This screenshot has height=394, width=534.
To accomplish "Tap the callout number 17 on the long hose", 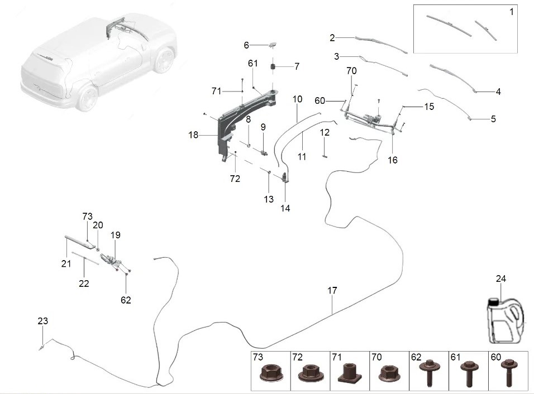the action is (332, 290).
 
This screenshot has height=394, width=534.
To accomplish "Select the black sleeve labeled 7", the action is (273, 66).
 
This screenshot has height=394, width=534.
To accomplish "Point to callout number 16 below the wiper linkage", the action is (392, 160).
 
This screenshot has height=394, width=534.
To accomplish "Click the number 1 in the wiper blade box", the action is (511, 12).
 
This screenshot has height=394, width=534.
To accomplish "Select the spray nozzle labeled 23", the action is (42, 348).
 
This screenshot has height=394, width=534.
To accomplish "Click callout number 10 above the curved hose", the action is (297, 99).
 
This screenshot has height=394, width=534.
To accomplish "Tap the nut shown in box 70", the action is (389, 373).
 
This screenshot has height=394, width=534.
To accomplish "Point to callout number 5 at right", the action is (493, 119).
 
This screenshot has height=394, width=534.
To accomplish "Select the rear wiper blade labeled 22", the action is (85, 258).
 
